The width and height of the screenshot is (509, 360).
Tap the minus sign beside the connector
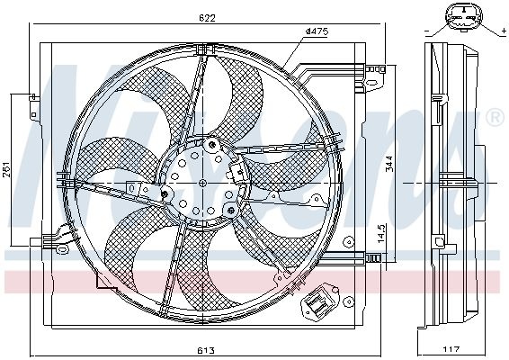[424, 32]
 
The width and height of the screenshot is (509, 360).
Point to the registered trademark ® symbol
[493, 119]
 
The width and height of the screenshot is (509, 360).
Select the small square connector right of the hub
[237, 172]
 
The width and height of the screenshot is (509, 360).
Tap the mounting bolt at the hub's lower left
[165, 193]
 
